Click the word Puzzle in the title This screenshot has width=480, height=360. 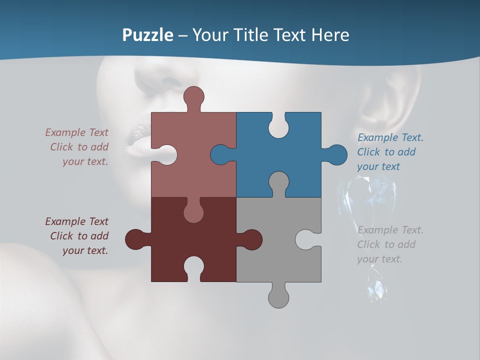tap(148, 35)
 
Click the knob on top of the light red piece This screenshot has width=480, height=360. tap(193, 97)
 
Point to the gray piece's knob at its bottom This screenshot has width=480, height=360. tap(278, 296)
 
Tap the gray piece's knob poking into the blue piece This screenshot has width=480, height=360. tap(278, 182)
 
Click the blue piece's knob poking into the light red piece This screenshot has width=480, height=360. tap(221, 155)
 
